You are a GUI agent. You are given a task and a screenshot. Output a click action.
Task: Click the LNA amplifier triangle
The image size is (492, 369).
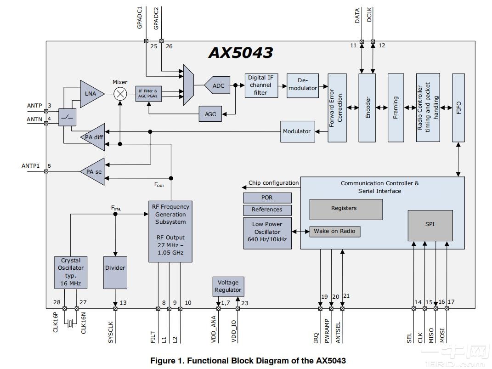(x=90, y=94)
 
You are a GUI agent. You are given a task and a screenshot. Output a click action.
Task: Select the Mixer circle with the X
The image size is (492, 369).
(x=120, y=94)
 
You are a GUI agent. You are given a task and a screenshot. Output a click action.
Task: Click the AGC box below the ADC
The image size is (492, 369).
(x=210, y=114)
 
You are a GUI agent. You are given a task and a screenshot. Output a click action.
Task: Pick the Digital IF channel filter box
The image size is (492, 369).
(x=261, y=85)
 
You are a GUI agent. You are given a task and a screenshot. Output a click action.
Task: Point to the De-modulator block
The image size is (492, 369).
(x=303, y=85)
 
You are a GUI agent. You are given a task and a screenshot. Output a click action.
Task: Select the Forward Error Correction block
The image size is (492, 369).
(x=337, y=108)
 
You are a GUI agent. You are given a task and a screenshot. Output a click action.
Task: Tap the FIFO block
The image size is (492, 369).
(x=458, y=108)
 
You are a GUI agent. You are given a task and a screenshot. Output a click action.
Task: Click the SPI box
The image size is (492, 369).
(x=430, y=225)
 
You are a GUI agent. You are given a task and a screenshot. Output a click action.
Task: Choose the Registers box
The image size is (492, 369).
(x=345, y=209)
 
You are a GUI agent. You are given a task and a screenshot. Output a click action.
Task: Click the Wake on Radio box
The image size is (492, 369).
(x=334, y=232)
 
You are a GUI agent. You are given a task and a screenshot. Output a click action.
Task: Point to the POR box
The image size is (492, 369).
(x=267, y=198)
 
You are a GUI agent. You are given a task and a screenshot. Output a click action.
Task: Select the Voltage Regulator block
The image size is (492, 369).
(x=228, y=286)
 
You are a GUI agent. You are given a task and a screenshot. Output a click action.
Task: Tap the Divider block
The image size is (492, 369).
(x=115, y=268)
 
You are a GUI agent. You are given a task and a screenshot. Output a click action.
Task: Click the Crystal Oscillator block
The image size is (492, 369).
(x=71, y=272)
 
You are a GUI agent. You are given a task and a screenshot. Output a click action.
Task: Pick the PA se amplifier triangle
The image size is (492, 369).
(x=93, y=171)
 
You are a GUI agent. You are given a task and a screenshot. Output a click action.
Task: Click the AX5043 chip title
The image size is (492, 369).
(x=241, y=52)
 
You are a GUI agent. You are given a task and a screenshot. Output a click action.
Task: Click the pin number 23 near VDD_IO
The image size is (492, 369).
(x=244, y=303)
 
